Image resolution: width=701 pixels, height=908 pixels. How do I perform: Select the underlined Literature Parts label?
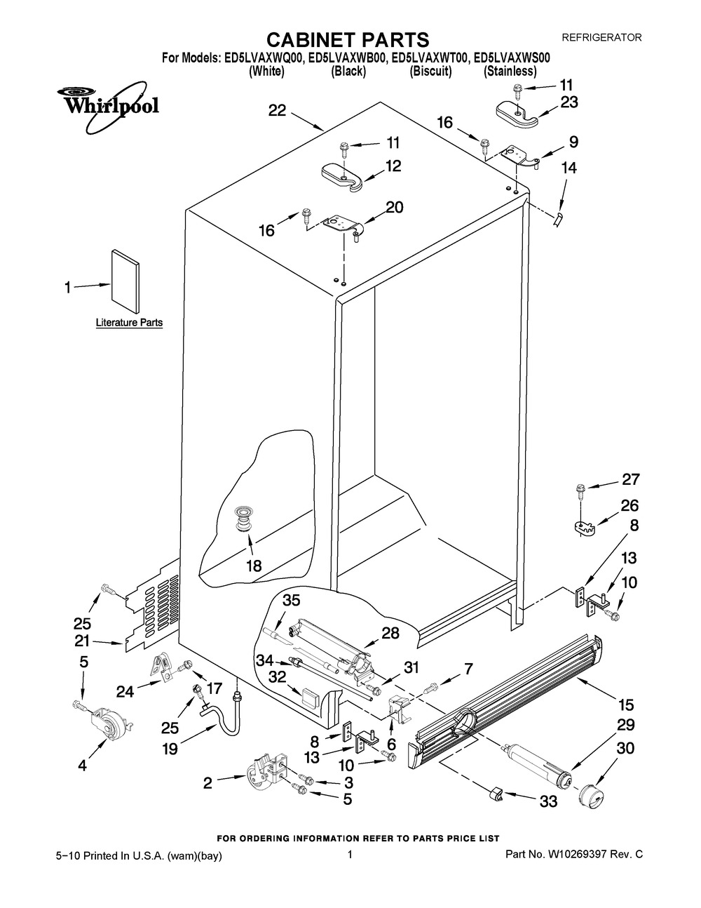129,323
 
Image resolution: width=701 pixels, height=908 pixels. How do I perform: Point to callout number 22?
278,110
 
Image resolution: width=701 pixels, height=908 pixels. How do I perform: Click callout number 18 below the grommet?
253,566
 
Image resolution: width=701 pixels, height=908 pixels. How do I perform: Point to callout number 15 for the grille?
625,705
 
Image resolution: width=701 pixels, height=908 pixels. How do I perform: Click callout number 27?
630,479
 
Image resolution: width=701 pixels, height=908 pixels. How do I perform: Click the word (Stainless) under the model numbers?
510,71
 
